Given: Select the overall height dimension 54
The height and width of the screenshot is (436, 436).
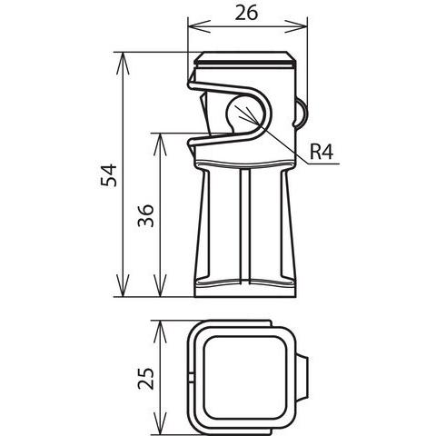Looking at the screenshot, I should [x=108, y=174].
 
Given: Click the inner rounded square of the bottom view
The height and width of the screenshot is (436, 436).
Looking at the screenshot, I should [x=240, y=374].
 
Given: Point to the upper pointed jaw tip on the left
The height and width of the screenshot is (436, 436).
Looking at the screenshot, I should [x=193, y=84].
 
